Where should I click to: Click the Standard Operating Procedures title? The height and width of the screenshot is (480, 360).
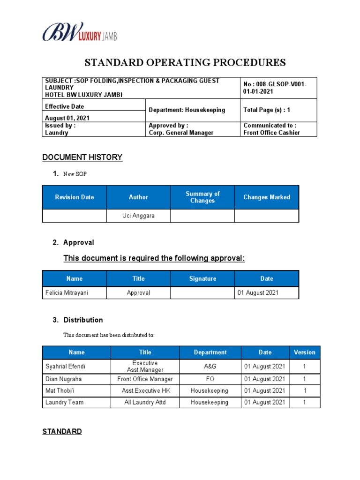click(185, 63)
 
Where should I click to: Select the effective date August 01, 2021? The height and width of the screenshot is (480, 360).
click(67, 118)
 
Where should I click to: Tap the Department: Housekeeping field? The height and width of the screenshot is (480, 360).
click(187, 110)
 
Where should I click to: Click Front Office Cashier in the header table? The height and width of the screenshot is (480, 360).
click(271, 133)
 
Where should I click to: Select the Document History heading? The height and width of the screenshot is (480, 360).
click(82, 157)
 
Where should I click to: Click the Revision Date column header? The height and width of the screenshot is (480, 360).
click(75, 197)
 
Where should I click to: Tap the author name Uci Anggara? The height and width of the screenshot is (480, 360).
click(138, 216)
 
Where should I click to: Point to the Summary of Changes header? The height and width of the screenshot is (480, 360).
click(202, 197)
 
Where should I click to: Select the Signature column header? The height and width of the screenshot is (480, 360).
click(202, 278)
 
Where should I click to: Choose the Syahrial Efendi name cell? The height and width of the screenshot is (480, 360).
click(65, 367)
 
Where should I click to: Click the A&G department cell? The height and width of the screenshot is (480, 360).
click(210, 367)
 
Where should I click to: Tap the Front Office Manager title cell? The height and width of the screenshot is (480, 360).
click(145, 379)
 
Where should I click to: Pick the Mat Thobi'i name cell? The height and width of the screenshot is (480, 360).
click(61, 390)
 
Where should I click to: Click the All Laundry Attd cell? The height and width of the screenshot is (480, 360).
click(145, 402)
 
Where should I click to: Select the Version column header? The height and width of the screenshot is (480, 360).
click(304, 352)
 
